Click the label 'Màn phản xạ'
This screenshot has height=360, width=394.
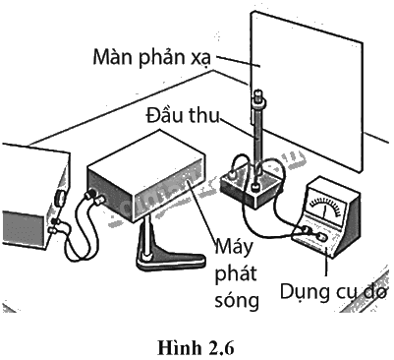pos(151,58)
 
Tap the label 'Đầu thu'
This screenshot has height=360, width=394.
pos(183,115)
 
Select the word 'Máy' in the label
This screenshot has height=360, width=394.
pos(234,248)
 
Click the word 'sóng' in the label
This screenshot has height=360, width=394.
pos(237,300)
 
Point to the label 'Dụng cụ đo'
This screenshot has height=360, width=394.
pos(333,291)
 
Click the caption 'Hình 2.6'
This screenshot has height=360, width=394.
pos(196,348)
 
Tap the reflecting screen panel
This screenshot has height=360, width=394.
pos(307,91)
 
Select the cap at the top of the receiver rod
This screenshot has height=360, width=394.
pos(258,96)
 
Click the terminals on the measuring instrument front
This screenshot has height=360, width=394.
pos(312,233)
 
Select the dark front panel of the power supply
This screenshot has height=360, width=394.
pos(23,227)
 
